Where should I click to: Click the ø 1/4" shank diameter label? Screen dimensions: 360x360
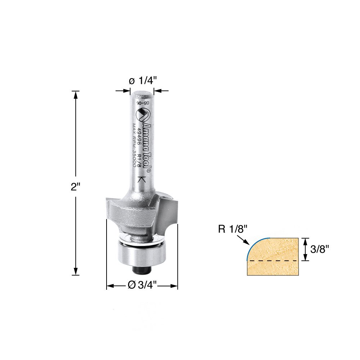[141, 81]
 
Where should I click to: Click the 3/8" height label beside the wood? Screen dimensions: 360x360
[319, 249]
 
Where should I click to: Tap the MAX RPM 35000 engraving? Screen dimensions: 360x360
[134, 144]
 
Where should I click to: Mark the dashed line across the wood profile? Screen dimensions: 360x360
[274, 260]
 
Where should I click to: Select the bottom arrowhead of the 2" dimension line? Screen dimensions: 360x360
[76, 273]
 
